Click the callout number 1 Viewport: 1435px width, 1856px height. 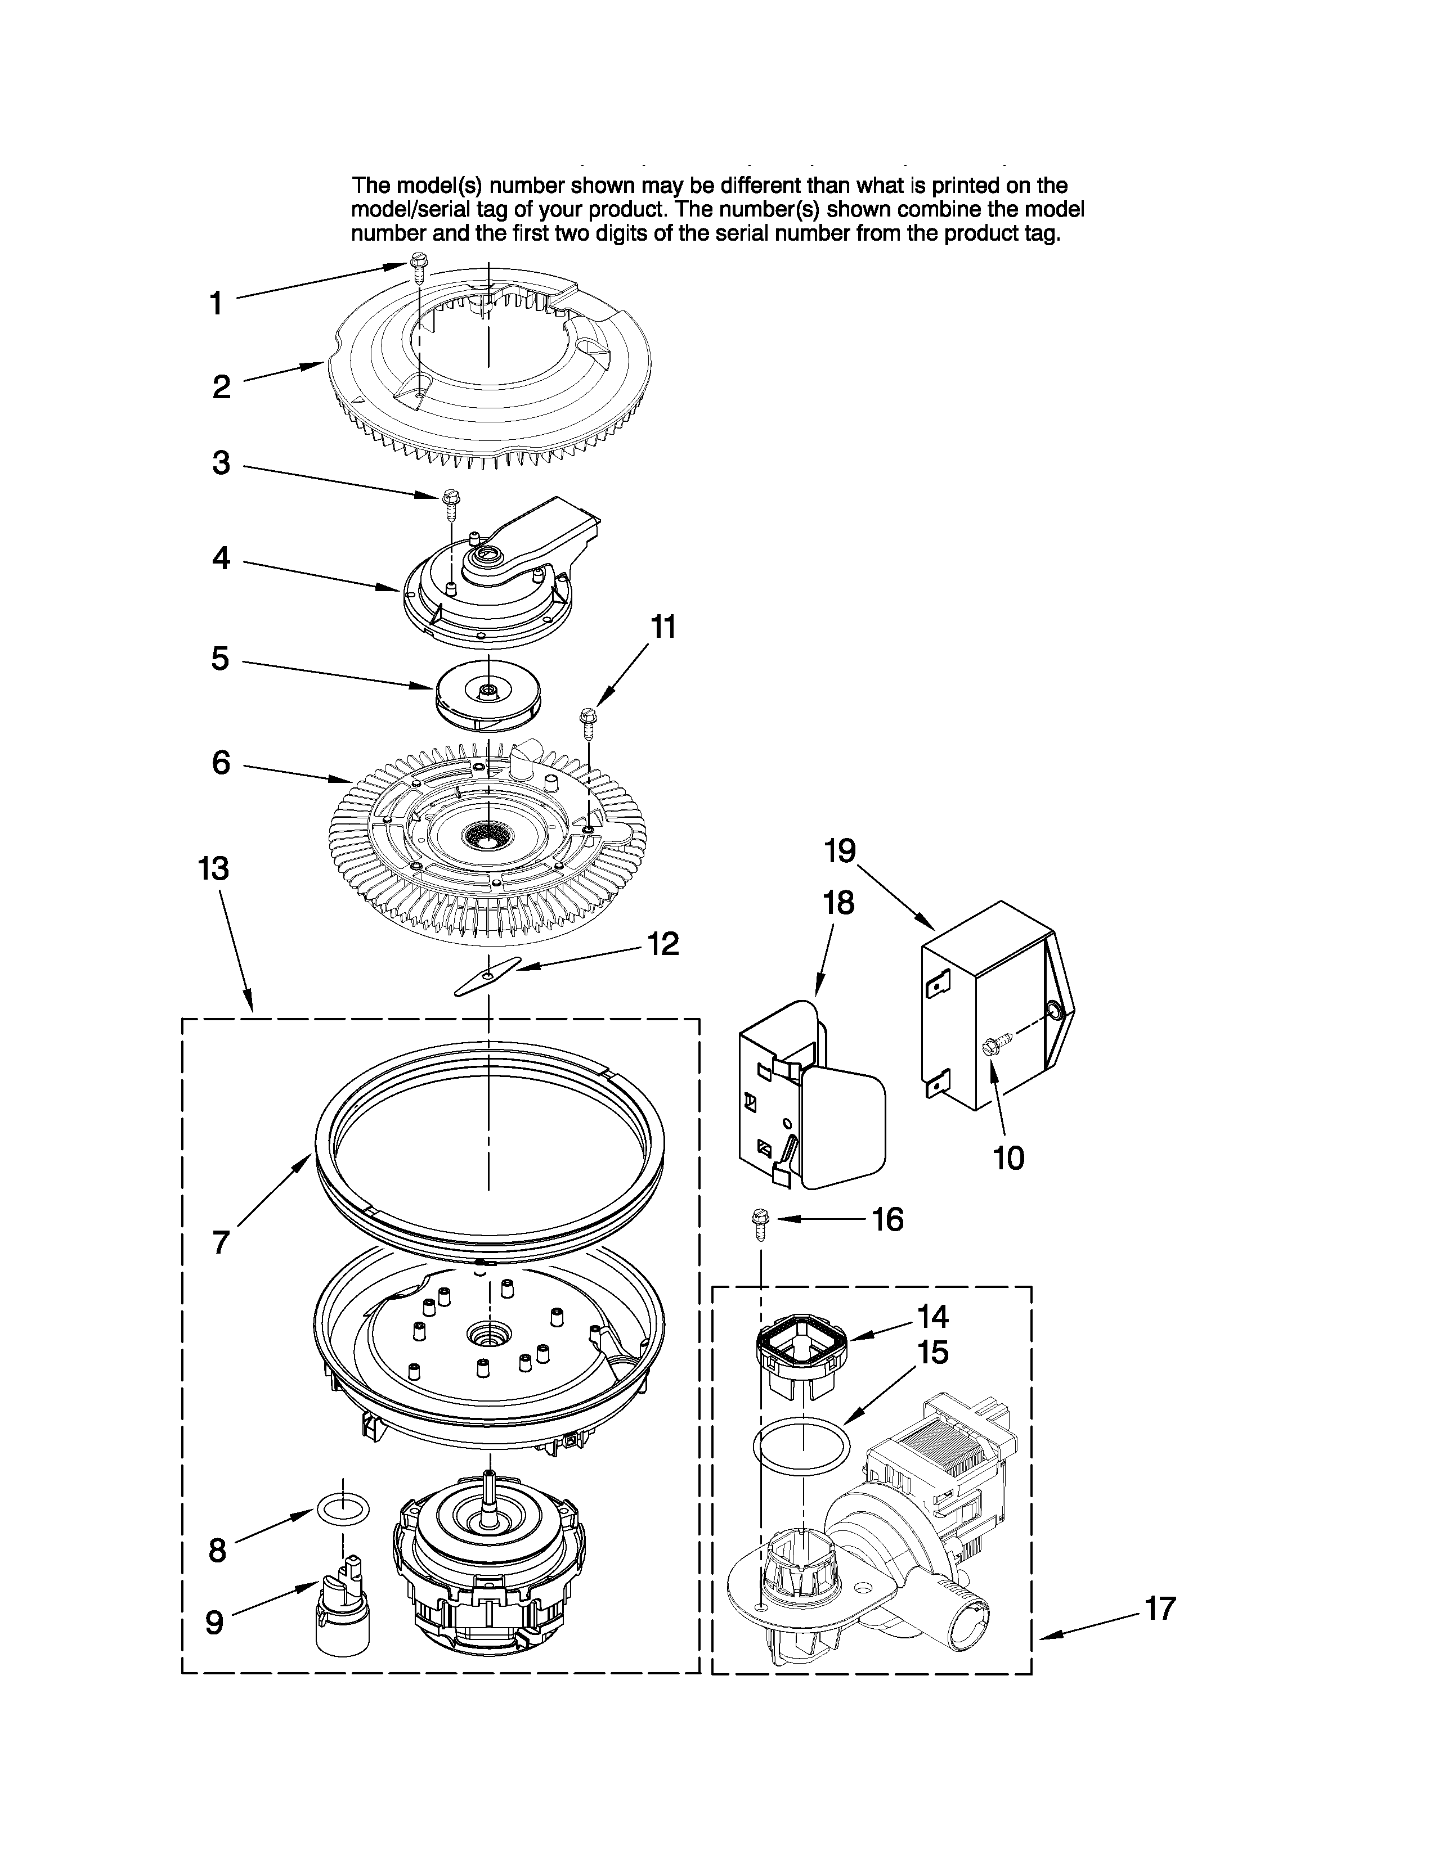click(217, 303)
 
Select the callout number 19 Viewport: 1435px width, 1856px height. click(840, 850)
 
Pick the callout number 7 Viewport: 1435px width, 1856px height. click(221, 1242)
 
